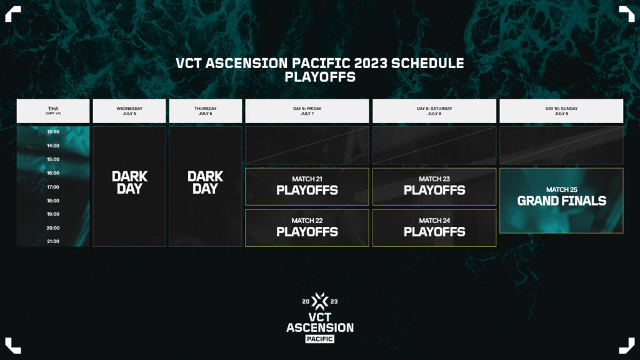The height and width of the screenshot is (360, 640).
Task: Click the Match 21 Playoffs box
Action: coord(307,186)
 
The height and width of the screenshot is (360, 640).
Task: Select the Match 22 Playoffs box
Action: coord(307,227)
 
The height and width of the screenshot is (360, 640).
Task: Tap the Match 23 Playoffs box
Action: coord(434,186)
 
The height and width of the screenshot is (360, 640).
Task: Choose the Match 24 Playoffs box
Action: coord(434,227)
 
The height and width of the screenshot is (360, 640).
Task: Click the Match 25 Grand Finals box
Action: coord(561,201)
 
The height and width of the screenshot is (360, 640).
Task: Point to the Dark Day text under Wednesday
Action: coord(129,182)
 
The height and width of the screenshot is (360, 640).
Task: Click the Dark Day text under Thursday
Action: coord(205,182)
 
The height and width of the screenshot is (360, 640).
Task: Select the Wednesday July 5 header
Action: coord(129,111)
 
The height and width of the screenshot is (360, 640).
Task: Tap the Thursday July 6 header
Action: coord(205,111)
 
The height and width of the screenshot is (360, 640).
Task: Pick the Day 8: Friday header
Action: coord(307,111)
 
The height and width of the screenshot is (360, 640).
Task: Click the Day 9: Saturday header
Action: coord(434,111)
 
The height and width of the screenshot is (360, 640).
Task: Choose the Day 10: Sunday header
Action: coord(561,111)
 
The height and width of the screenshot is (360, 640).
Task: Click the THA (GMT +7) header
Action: coord(53,111)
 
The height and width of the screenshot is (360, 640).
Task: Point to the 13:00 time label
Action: coord(53,132)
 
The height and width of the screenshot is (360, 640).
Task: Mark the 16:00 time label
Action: coord(53,173)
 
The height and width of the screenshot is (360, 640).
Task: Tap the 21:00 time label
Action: coord(53,241)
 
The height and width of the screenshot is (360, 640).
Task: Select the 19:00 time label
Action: coord(53,214)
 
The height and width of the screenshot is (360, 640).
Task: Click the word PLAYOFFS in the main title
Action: coord(320,78)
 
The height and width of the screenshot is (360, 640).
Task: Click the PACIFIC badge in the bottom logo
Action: coord(319,339)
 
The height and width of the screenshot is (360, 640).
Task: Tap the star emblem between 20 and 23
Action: coord(320,302)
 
